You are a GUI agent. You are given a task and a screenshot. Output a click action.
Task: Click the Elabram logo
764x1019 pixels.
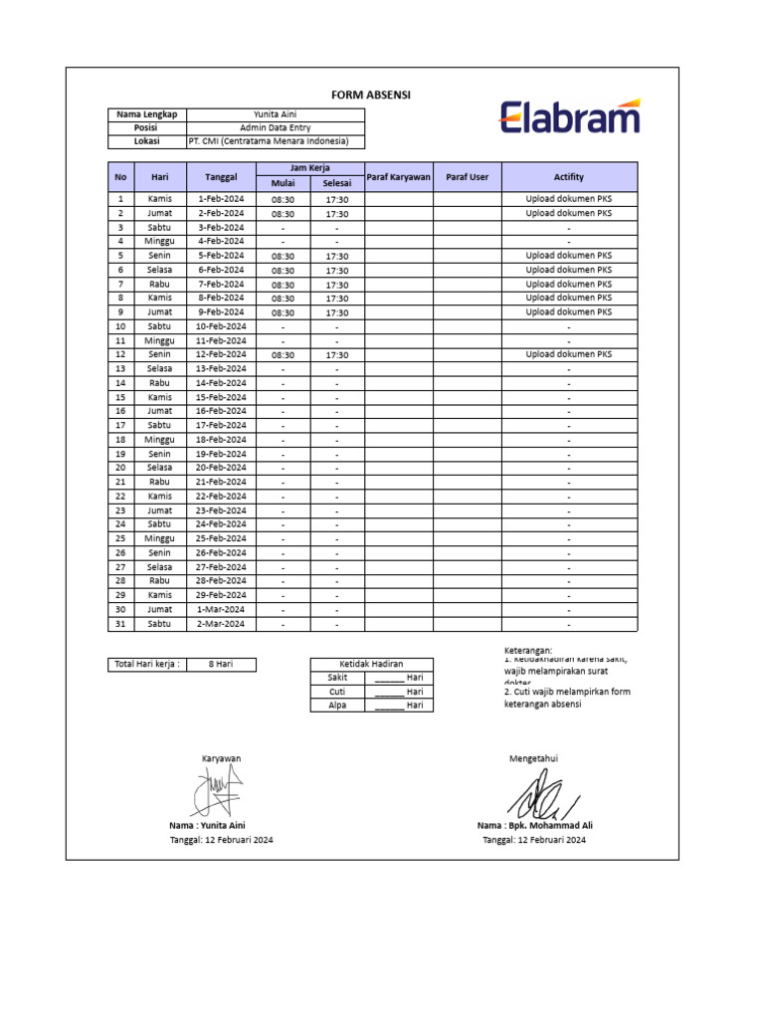tap(569, 116)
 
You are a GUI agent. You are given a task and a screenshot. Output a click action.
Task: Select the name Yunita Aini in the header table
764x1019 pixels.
tap(276, 114)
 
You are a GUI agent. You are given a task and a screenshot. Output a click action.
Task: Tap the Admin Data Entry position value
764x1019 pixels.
tap(276, 128)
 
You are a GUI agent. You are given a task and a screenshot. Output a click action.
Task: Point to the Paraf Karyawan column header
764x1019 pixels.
tap(398, 177)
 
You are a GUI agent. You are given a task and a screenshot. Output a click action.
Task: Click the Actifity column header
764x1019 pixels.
tap(569, 177)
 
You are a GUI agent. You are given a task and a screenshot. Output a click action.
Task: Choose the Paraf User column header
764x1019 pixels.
tap(467, 177)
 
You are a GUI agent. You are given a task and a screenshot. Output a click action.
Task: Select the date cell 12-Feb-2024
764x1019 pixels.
tap(221, 354)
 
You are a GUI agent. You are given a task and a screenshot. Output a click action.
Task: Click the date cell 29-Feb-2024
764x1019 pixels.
tap(221, 595)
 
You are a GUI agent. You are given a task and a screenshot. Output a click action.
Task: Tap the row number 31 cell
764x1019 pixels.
tap(120, 624)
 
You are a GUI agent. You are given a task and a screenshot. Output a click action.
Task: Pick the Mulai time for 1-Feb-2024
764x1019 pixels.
tap(283, 199)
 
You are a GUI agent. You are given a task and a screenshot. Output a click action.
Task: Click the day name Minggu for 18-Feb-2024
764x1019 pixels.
tap(159, 439)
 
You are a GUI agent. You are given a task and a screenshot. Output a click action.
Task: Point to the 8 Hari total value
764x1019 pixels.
tap(221, 664)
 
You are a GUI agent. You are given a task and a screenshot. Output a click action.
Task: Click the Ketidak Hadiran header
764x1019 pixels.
tap(372, 664)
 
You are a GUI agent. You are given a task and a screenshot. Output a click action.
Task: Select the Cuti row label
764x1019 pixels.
tap(336, 691)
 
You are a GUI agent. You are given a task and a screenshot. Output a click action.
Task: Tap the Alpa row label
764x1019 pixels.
tap(336, 705)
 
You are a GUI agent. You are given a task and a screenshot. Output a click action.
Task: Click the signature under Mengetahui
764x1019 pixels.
tap(542, 795)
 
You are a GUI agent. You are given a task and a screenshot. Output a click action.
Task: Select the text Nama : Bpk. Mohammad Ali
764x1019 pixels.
tap(534, 825)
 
